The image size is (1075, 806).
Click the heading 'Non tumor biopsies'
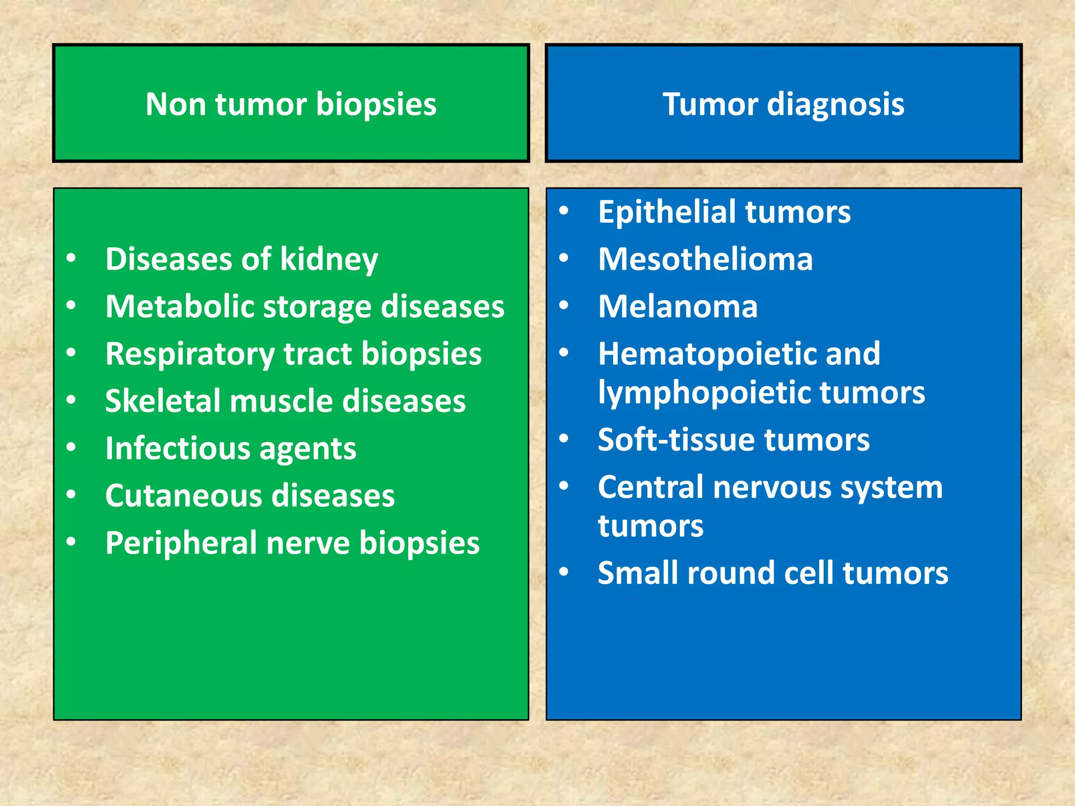pos(291,104)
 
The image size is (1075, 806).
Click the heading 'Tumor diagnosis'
pos(783,104)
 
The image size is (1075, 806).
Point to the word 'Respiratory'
pos(190,354)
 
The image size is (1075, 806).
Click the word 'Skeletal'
pos(163,401)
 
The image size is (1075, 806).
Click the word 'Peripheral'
pos(181,543)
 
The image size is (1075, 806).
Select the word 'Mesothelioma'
pos(705,259)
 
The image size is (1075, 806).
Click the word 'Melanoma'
pos(678,306)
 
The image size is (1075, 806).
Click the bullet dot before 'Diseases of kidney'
pos(71,258)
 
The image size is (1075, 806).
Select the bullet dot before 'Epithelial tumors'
pos(564,211)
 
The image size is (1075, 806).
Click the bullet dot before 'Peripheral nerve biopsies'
pos(71,542)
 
